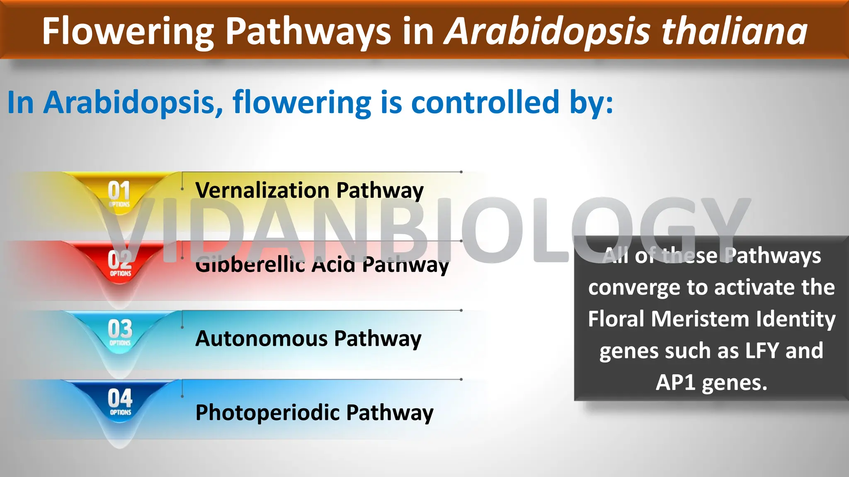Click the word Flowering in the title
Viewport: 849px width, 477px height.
click(x=128, y=31)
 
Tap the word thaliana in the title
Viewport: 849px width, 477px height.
click(x=734, y=31)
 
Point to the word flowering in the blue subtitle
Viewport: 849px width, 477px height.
click(x=302, y=102)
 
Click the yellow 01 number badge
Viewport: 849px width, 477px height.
click(x=119, y=192)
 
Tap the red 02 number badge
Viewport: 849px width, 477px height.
click(x=120, y=261)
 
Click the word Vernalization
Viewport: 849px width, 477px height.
click(x=262, y=190)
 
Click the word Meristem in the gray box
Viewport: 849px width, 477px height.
click(x=700, y=319)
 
